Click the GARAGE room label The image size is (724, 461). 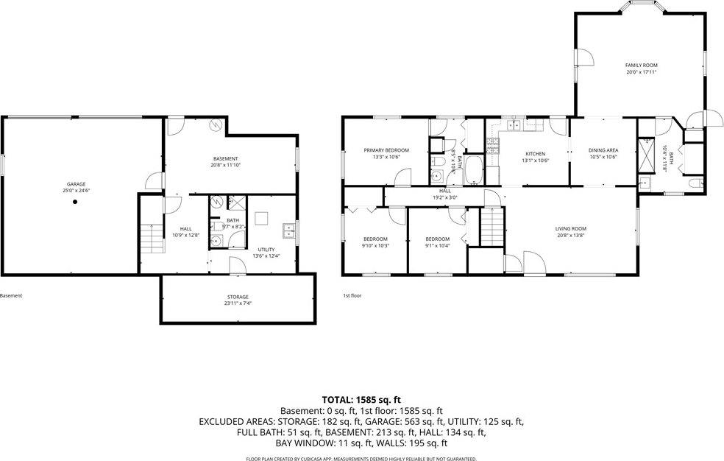click(x=77, y=184)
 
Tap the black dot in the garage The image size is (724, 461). click(x=74, y=203)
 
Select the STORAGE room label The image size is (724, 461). click(x=237, y=296)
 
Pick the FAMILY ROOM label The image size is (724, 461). click(x=641, y=65)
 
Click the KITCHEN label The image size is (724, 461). click(x=534, y=153)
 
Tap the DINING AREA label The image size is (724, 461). click(x=602, y=150)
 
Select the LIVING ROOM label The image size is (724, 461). click(x=570, y=228)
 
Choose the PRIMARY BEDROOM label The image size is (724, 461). click(x=386, y=150)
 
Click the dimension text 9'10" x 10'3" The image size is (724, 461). click(x=375, y=245)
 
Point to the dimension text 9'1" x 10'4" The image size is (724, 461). click(x=437, y=245)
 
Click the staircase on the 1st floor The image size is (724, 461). click(x=491, y=226)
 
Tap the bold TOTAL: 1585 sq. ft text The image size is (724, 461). click(x=361, y=399)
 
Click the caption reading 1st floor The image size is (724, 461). click(x=352, y=295)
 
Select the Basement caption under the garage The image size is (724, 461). click(x=11, y=295)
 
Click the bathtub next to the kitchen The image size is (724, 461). click(x=473, y=171)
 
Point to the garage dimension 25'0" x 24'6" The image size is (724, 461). click(x=77, y=191)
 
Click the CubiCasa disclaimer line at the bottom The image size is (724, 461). click(x=361, y=459)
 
